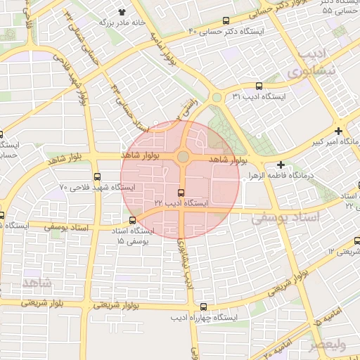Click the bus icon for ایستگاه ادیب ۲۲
point(181,193)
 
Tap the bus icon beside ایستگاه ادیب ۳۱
point(259,86)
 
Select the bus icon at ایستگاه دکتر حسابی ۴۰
point(226,21)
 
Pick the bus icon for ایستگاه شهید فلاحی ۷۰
point(96,177)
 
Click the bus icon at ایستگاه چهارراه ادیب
point(203,307)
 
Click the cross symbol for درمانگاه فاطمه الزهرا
point(281,165)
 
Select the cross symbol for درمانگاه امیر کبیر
point(339,131)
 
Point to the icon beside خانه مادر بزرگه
point(122,13)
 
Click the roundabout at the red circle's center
point(183,157)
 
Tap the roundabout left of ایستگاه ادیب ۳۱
point(217,98)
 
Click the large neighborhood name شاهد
point(37,282)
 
